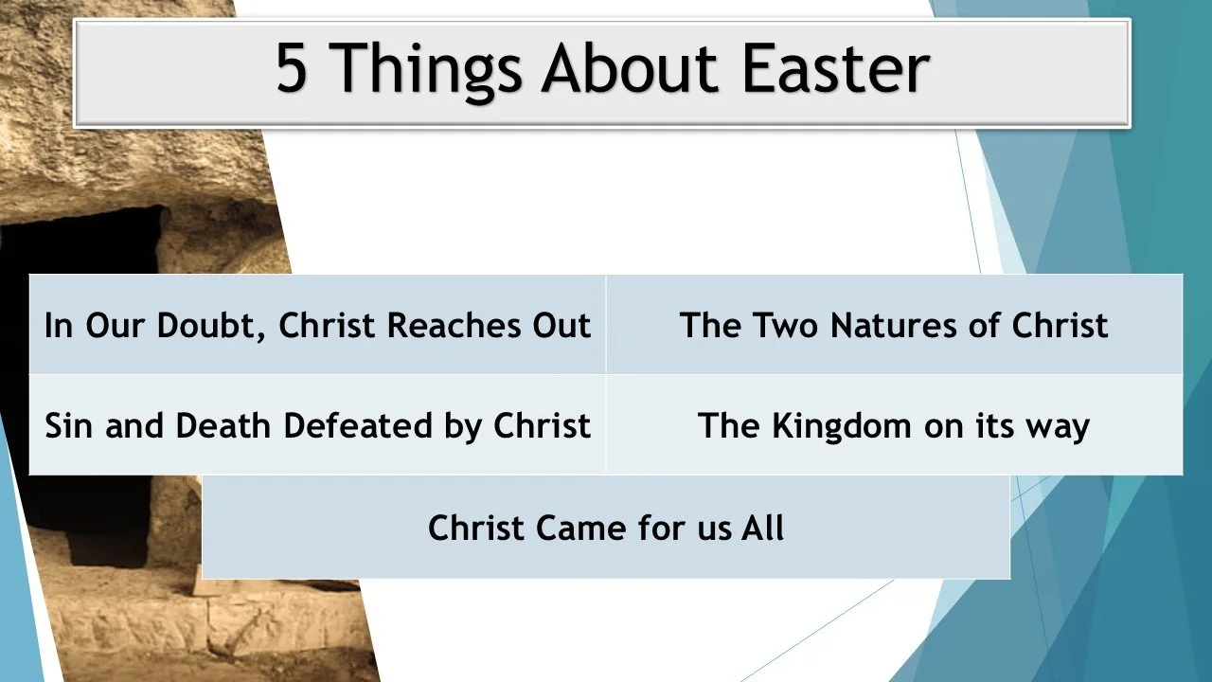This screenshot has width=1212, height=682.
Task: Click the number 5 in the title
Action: click(x=293, y=67)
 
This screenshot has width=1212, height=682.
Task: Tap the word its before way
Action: click(x=986, y=425)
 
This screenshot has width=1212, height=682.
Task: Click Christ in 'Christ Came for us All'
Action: click(x=476, y=528)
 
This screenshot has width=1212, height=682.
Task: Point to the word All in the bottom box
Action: click(x=762, y=528)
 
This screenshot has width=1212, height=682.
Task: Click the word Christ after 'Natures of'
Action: click(x=1060, y=325)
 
